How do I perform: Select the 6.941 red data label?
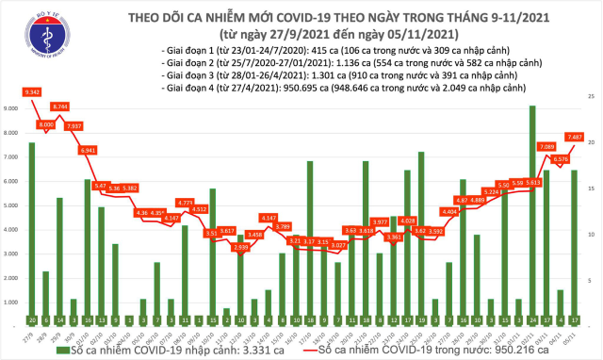[88, 150]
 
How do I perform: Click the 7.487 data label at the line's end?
[575, 137]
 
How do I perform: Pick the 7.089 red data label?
[546, 146]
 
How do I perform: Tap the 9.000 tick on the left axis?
[13, 108]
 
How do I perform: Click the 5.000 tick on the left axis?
[13, 205]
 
